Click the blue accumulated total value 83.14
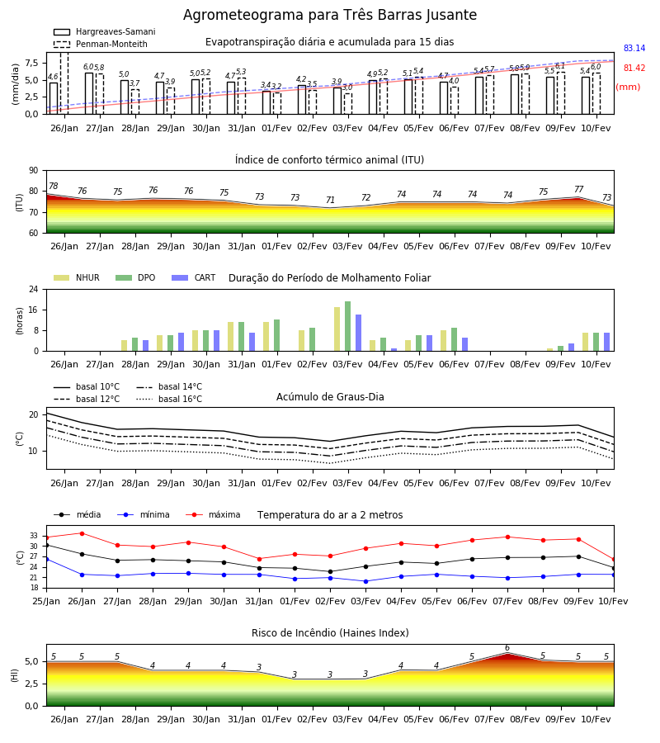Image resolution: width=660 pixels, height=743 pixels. tap(634, 49)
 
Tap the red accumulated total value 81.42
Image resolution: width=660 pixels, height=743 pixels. tap(634, 69)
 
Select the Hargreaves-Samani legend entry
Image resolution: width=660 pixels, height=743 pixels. tap(104, 31)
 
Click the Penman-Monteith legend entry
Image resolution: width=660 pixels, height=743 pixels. tap(101, 44)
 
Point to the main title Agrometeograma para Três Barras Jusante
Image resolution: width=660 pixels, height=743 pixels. tap(330, 15)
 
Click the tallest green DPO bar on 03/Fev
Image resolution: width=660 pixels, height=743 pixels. tap(348, 326)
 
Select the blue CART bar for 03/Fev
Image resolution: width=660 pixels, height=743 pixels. tap(358, 333)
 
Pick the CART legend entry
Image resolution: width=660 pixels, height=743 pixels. tap(194, 277)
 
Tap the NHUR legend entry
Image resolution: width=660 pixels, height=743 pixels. tap(77, 277)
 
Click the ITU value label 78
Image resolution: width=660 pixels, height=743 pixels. tap(54, 187)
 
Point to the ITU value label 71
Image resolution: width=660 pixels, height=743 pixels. tap(331, 200)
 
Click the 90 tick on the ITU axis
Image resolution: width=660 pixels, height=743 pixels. tap(34, 171)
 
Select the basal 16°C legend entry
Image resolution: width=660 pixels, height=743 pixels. tap(169, 399)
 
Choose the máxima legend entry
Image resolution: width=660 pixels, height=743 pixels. tap(213, 514)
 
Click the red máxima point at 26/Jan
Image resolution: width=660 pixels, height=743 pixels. tap(82, 533)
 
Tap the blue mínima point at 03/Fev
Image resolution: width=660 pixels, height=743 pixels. tap(366, 581)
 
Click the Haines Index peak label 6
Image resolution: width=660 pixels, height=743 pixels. tap(507, 648)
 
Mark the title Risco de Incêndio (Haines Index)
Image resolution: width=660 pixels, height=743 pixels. tap(330, 633)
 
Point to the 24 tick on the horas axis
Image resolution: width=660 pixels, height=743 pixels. tap(34, 289)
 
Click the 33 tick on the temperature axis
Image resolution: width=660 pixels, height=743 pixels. tap(34, 536)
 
